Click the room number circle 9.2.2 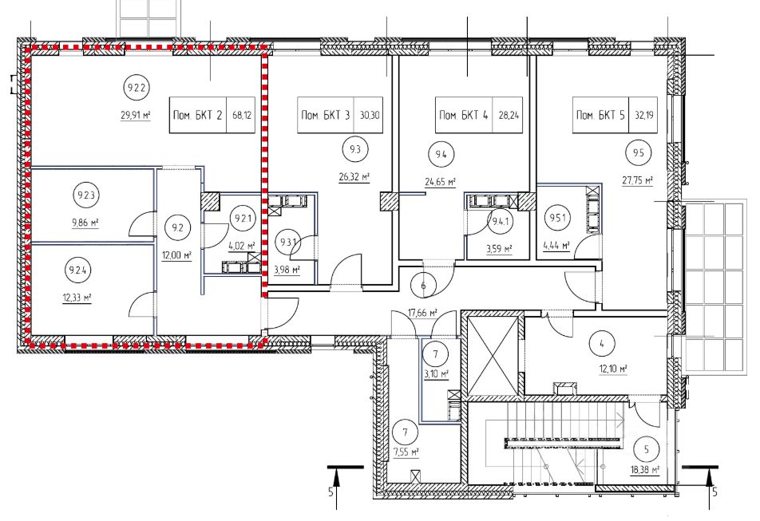(x=137, y=88)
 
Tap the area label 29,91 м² (x=136, y=115)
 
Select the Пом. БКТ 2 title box (x=212, y=115)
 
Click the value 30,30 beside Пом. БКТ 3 (x=370, y=115)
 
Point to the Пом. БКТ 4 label (x=463, y=115)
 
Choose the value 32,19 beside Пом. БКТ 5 (x=643, y=115)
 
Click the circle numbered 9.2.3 (x=85, y=195)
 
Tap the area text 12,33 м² (x=77, y=297)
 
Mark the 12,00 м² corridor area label (x=177, y=255)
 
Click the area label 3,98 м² (x=287, y=270)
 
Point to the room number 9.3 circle (x=355, y=149)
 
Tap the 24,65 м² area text (x=441, y=182)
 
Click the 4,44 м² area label (x=556, y=245)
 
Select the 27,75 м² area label (x=638, y=180)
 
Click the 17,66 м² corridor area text (x=422, y=313)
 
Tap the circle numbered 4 (x=601, y=344)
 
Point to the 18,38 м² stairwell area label (x=645, y=470)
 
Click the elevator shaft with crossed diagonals (x=493, y=355)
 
